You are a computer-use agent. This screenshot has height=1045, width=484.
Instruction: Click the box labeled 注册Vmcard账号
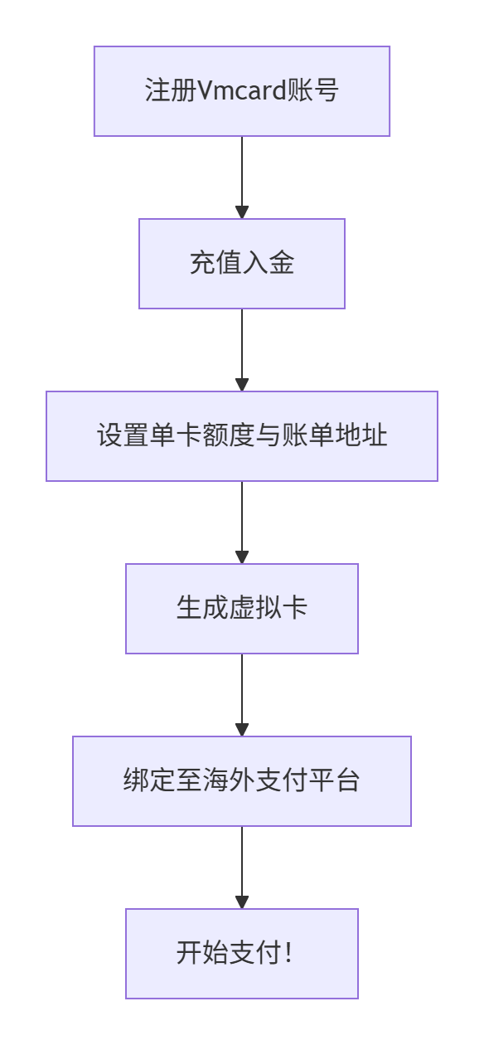click(241, 91)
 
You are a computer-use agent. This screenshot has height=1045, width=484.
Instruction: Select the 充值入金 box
click(241, 264)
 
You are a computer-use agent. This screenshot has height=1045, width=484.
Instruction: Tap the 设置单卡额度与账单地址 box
click(241, 436)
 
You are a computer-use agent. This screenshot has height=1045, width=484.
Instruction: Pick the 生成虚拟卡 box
click(241, 609)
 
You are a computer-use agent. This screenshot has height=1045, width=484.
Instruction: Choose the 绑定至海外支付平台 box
click(241, 781)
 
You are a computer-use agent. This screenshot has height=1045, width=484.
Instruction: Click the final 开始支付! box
click(241, 954)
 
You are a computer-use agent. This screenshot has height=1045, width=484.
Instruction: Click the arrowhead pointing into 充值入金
click(242, 212)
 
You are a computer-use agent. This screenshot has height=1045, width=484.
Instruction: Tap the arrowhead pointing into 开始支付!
click(242, 902)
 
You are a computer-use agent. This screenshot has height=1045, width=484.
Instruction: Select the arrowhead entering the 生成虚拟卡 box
click(242, 557)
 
